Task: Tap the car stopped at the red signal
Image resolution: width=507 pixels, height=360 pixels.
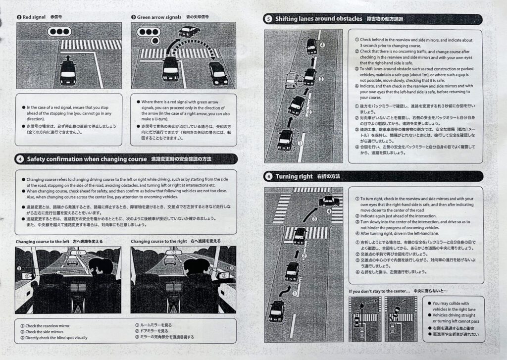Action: (68, 72)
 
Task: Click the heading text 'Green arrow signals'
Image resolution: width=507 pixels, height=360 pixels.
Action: (159, 17)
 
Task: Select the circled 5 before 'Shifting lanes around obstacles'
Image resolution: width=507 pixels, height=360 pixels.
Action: (268, 19)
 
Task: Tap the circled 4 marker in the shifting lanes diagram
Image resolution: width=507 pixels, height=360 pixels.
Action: (323, 45)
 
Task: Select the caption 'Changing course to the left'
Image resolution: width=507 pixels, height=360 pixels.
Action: (42, 241)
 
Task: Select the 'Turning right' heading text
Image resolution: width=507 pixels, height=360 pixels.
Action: (294, 176)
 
